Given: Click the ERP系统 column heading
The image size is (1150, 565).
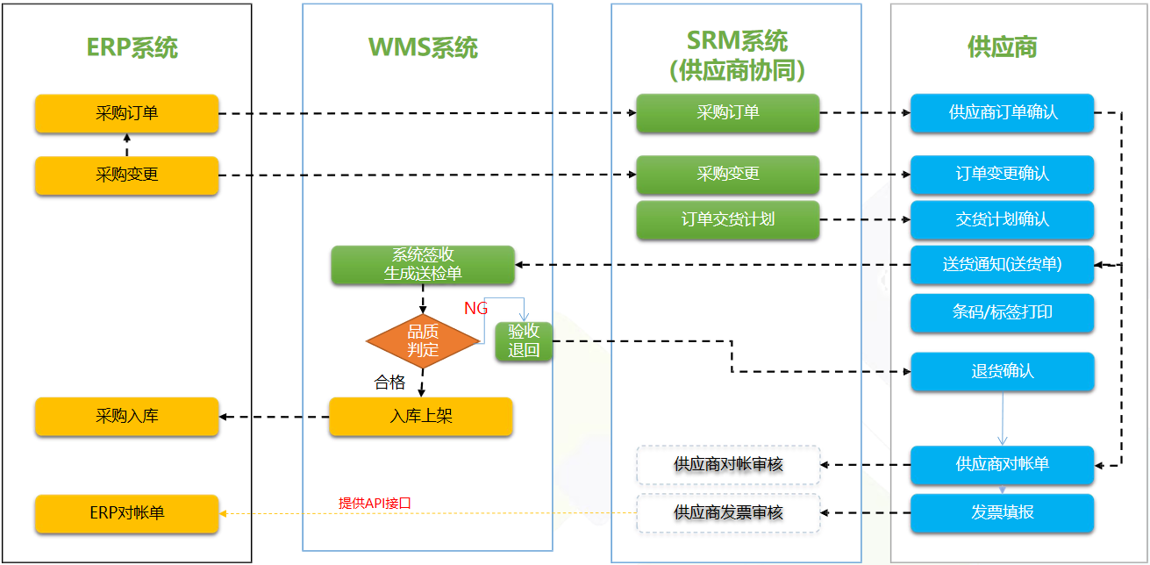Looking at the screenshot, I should [132, 47].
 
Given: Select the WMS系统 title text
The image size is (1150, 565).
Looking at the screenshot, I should [423, 47].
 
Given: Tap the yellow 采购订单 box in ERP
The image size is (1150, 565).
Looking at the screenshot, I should [126, 113].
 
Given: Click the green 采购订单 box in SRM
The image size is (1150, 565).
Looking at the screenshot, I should [727, 113].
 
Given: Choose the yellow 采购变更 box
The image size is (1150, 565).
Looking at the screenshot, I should [126, 175].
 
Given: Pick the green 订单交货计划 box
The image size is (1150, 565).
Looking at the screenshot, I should [727, 219].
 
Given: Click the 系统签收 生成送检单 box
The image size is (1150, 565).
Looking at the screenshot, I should [423, 265].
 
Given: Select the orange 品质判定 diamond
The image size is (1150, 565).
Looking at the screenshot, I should [423, 341].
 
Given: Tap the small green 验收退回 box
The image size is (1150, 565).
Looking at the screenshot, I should [524, 342].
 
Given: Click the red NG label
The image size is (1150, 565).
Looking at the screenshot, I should [475, 308].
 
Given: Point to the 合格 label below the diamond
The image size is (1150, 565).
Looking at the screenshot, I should [390, 382].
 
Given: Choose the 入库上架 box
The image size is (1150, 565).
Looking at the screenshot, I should [421, 417].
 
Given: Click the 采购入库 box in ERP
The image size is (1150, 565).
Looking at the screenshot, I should [126, 417].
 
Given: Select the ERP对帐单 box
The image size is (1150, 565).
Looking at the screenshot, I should [126, 513].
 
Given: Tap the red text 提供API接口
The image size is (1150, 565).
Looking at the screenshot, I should [375, 504].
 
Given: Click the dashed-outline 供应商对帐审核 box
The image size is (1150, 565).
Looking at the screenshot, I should [727, 465].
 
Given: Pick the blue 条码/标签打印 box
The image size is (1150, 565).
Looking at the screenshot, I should [1002, 313].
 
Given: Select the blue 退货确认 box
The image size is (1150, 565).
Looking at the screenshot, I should [1002, 372].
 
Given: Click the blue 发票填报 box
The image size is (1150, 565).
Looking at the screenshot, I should [1002, 513].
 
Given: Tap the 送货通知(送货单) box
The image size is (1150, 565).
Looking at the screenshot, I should [1002, 265].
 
